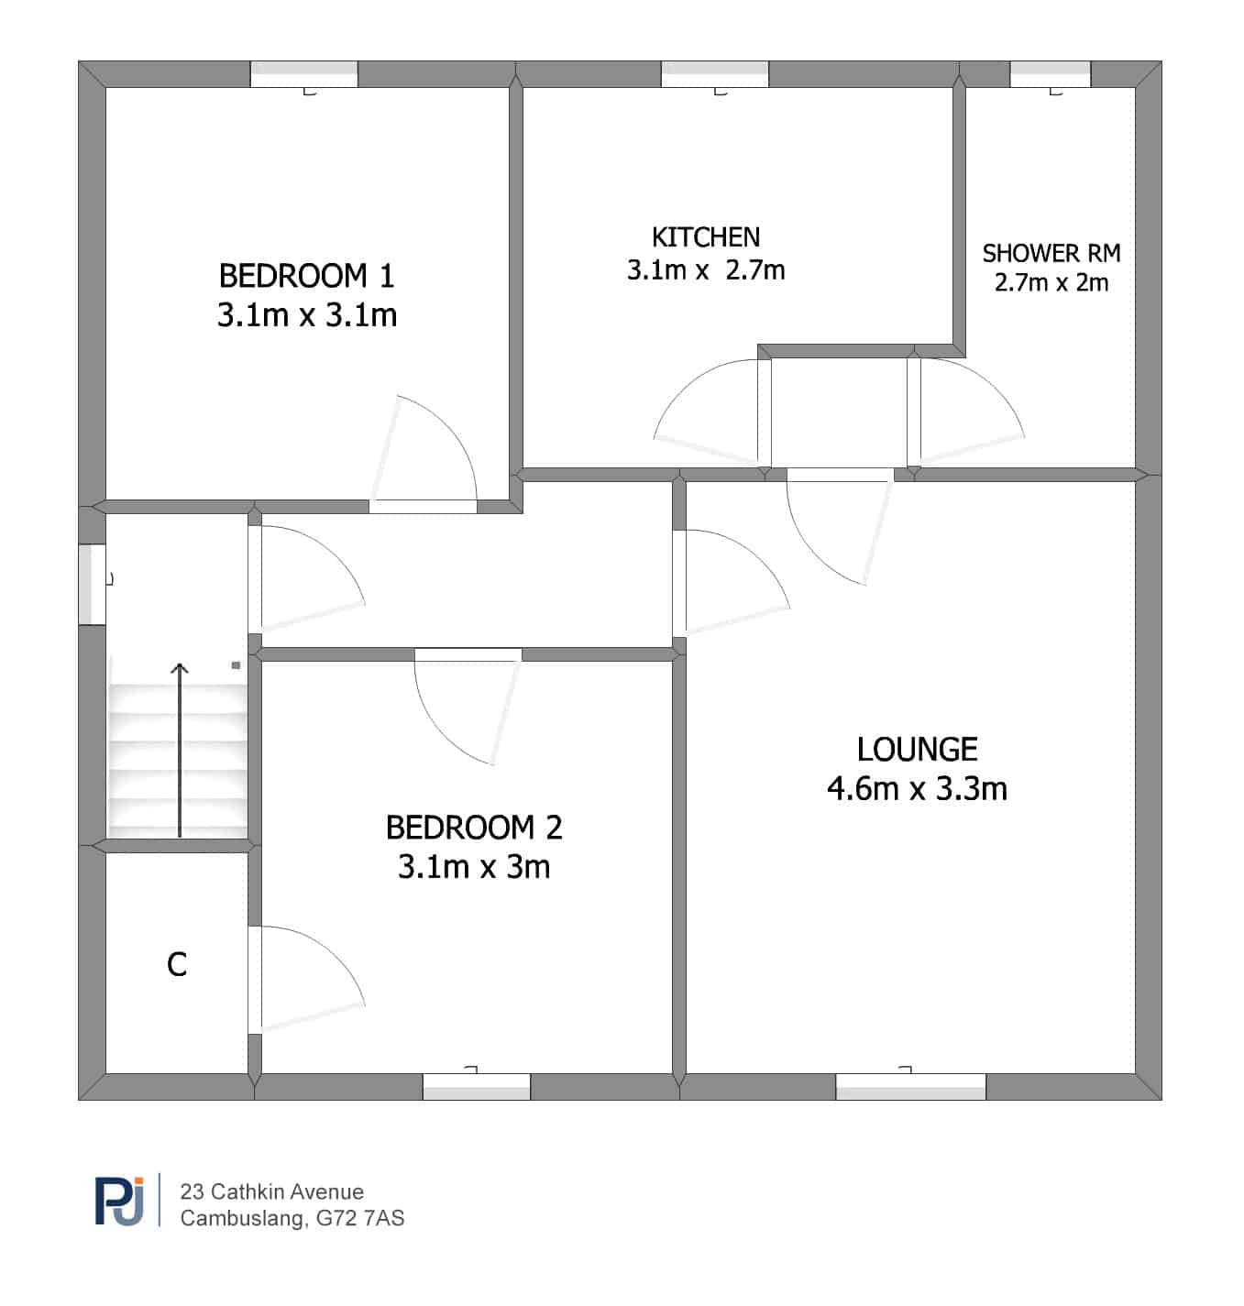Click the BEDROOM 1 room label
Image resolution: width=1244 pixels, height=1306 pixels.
[306, 276]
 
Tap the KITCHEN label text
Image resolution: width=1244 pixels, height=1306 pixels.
[706, 237]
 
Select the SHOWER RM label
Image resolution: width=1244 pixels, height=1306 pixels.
[1051, 253]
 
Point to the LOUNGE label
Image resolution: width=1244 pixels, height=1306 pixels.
[917, 750]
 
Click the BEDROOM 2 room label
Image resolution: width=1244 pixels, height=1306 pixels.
[474, 828]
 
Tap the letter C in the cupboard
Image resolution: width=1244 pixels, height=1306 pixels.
[177, 964]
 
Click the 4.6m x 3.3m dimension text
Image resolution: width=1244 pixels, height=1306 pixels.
[917, 788]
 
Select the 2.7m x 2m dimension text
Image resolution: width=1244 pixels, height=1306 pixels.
[1051, 283]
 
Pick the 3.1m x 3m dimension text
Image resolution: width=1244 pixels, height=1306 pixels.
[474, 867]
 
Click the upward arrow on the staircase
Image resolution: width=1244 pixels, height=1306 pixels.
[180, 750]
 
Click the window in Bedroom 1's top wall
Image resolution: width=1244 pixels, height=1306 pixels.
[303, 73]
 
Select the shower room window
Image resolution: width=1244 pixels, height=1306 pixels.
[1050, 73]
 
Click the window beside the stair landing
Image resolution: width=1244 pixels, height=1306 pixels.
[92, 585]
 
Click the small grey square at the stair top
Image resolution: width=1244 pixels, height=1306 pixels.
[236, 665]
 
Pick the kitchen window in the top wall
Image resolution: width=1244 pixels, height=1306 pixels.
[714, 73]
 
